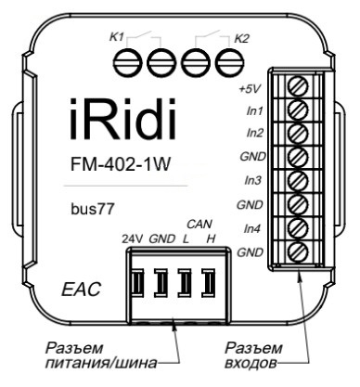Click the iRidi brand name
[x=124, y=124]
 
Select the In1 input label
[x=250, y=112]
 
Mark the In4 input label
[x=250, y=228]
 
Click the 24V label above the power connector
[x=134, y=239]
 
